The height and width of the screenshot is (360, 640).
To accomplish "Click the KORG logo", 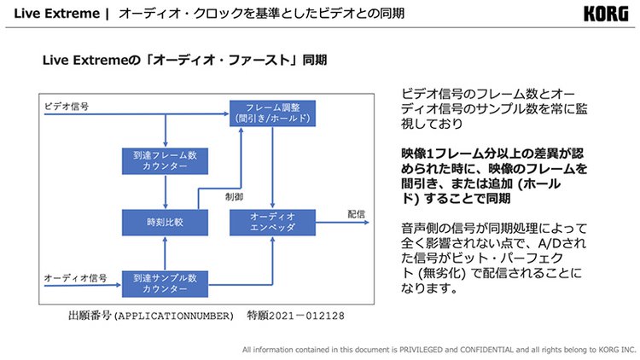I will [x=608, y=15].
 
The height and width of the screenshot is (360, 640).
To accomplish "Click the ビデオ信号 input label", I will [x=68, y=107].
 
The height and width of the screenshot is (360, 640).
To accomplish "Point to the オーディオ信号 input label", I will [x=75, y=279].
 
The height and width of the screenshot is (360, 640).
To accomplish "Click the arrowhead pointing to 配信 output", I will [x=364, y=223].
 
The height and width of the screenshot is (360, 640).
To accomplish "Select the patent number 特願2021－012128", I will [x=296, y=315].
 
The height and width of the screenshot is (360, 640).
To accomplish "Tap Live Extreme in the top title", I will [x=54, y=15].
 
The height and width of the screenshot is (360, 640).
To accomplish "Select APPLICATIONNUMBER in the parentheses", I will [x=174, y=315].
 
